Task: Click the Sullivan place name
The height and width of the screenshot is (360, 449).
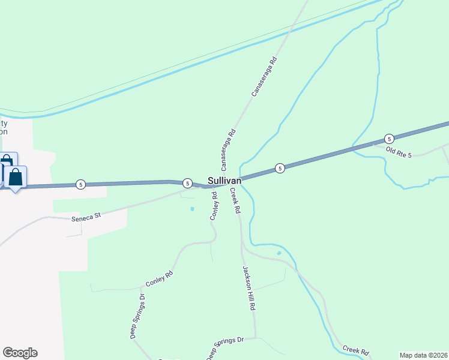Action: tap(224, 180)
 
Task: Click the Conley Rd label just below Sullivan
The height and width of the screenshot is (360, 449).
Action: tap(213, 206)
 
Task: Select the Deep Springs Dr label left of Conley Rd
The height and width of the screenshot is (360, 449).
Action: tap(137, 317)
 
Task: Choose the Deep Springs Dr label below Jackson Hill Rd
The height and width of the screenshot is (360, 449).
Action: tap(225, 349)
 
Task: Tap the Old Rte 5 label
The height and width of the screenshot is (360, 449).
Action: tap(399, 152)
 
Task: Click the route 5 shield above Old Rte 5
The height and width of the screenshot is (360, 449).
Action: tap(389, 138)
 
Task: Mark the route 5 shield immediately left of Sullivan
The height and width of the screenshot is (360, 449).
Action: tap(187, 183)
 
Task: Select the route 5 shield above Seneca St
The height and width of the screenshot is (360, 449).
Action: tap(80, 184)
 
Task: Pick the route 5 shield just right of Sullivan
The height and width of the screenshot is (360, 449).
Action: tap(280, 169)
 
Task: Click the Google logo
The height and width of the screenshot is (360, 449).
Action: tap(20, 353)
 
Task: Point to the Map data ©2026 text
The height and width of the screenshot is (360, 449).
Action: tap(424, 355)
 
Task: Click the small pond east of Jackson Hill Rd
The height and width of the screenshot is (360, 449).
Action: tap(279, 253)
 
